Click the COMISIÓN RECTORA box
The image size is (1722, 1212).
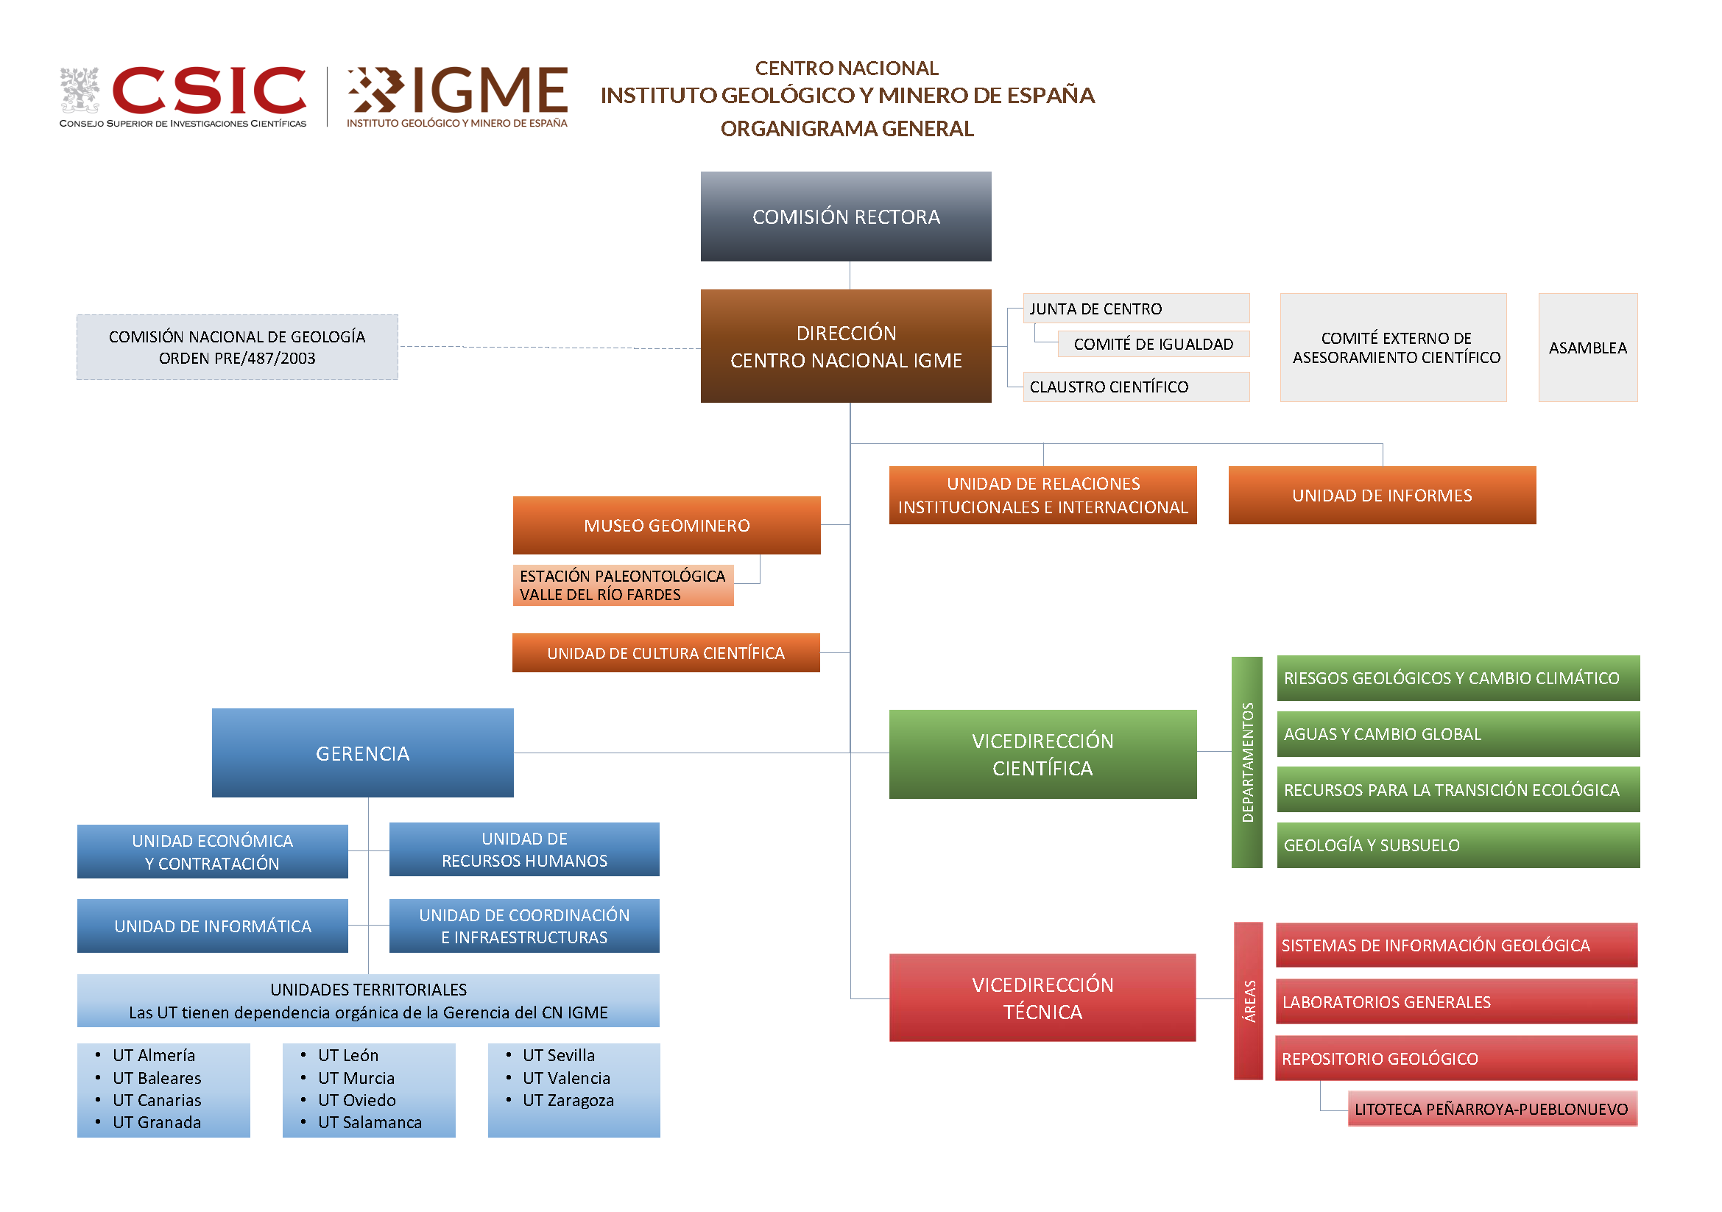846,216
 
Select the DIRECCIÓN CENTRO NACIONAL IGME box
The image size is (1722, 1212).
846,347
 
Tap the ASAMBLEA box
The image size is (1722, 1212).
1588,348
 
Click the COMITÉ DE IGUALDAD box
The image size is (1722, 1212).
1154,345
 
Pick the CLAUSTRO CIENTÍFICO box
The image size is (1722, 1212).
1135,387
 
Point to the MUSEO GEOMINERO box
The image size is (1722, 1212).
667,526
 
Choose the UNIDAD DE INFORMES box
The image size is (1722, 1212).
1381,496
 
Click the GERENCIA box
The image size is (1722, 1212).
362,753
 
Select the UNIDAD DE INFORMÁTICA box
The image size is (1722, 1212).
212,926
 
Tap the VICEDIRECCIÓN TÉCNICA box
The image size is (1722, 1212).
1042,998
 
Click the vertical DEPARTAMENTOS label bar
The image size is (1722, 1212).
1247,762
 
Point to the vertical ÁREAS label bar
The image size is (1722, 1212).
1249,1001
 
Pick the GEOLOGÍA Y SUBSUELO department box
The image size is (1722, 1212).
1458,845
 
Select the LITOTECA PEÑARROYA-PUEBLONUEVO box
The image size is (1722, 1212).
1492,1109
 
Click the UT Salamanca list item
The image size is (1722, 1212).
370,1123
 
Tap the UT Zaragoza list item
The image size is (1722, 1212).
568,1100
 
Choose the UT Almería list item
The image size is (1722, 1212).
154,1055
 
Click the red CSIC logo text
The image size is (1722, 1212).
208,91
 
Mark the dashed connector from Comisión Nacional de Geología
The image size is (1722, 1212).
549,348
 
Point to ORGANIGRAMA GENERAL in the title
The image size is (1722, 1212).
847,129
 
